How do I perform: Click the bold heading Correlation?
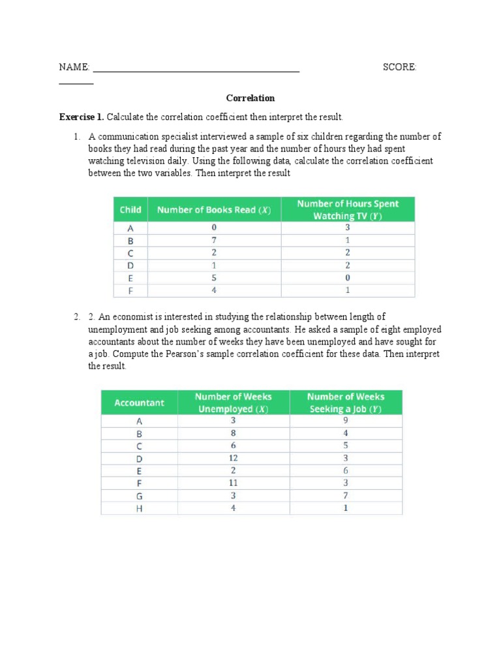pyautogui.click(x=250, y=99)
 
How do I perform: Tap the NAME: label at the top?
pyautogui.click(x=74, y=67)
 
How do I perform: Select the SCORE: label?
pyautogui.click(x=399, y=67)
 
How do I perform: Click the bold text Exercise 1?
pyautogui.click(x=82, y=117)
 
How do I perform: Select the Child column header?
pyautogui.click(x=130, y=209)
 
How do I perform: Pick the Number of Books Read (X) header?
pyautogui.click(x=214, y=209)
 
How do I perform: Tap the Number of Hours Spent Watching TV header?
pyautogui.click(x=347, y=209)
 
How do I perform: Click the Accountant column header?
pyautogui.click(x=139, y=402)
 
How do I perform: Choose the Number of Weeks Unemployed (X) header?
pyautogui.click(x=233, y=402)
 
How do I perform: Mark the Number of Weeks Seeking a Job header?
pyautogui.click(x=346, y=402)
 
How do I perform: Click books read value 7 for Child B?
pyautogui.click(x=214, y=240)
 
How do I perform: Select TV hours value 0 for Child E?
pyautogui.click(x=347, y=278)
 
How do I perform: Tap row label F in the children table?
pyautogui.click(x=130, y=290)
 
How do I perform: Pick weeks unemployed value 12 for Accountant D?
pyautogui.click(x=233, y=459)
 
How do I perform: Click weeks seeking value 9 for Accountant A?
pyautogui.click(x=346, y=421)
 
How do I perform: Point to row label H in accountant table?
pyautogui.click(x=139, y=508)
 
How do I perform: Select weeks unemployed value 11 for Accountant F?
pyautogui.click(x=233, y=483)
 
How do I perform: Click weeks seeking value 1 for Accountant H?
pyautogui.click(x=346, y=508)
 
